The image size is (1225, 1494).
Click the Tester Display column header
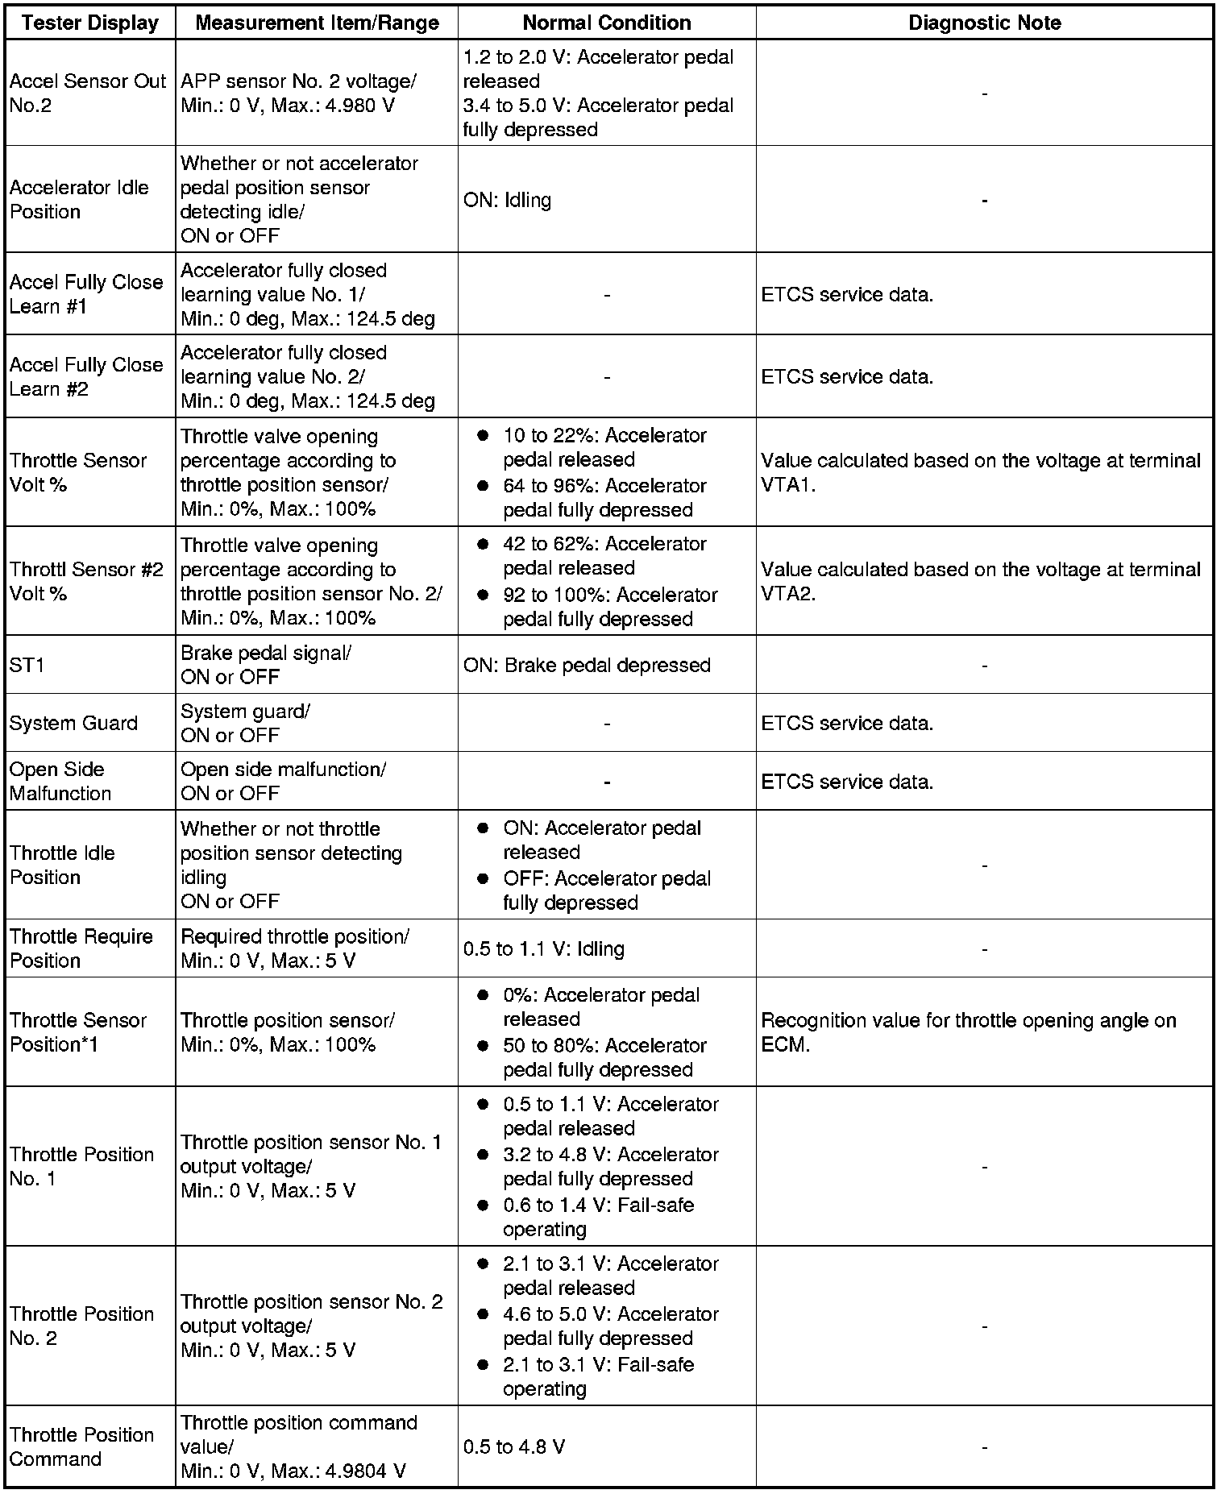pyautogui.click(x=90, y=23)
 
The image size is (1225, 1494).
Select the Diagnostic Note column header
pyautogui.click(x=984, y=23)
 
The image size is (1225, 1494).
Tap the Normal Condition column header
pyautogui.click(x=606, y=23)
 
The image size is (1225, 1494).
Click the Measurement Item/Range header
pyautogui.click(x=317, y=23)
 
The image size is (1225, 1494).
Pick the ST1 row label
pyautogui.click(x=27, y=665)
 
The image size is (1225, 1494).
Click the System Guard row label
pyautogui.click(x=73, y=723)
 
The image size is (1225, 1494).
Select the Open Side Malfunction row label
pyautogui.click(x=60, y=781)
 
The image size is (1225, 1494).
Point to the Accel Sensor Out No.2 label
pyautogui.click(x=87, y=93)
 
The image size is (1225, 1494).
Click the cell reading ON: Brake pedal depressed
pyautogui.click(x=587, y=665)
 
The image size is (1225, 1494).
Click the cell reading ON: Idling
pyautogui.click(x=507, y=200)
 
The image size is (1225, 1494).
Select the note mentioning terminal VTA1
pyautogui.click(x=980, y=472)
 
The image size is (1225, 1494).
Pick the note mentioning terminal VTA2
pyautogui.click(x=980, y=581)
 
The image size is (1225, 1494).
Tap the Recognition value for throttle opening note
pyautogui.click(x=968, y=1032)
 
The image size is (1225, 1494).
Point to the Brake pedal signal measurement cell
pyautogui.click(x=265, y=665)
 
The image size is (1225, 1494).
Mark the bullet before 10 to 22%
pyautogui.click(x=483, y=436)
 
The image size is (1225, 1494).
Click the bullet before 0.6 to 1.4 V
pyautogui.click(x=483, y=1206)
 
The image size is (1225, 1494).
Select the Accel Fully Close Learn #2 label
pyautogui.click(x=86, y=376)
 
